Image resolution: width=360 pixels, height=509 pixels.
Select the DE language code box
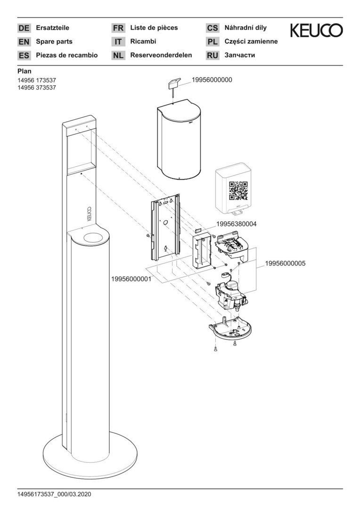point(24,28)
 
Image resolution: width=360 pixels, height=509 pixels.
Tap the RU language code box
point(213,56)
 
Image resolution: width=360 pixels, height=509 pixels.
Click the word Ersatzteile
point(53,28)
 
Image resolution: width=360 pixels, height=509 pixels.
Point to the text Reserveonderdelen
point(161,55)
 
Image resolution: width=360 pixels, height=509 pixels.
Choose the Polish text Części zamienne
point(251,41)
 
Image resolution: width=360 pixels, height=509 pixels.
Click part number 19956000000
point(212,80)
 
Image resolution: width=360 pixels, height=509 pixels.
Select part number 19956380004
point(236,224)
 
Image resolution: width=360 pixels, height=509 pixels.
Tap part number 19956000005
point(286,263)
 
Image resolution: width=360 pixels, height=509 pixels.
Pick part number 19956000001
point(131,279)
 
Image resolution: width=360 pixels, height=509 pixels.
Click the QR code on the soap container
point(238,191)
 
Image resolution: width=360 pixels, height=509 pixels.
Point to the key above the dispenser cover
point(174,88)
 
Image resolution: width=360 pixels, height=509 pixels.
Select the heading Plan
point(25,71)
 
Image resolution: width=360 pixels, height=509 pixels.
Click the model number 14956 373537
point(37,88)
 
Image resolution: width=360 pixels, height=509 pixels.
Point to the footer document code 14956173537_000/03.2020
point(54,494)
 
